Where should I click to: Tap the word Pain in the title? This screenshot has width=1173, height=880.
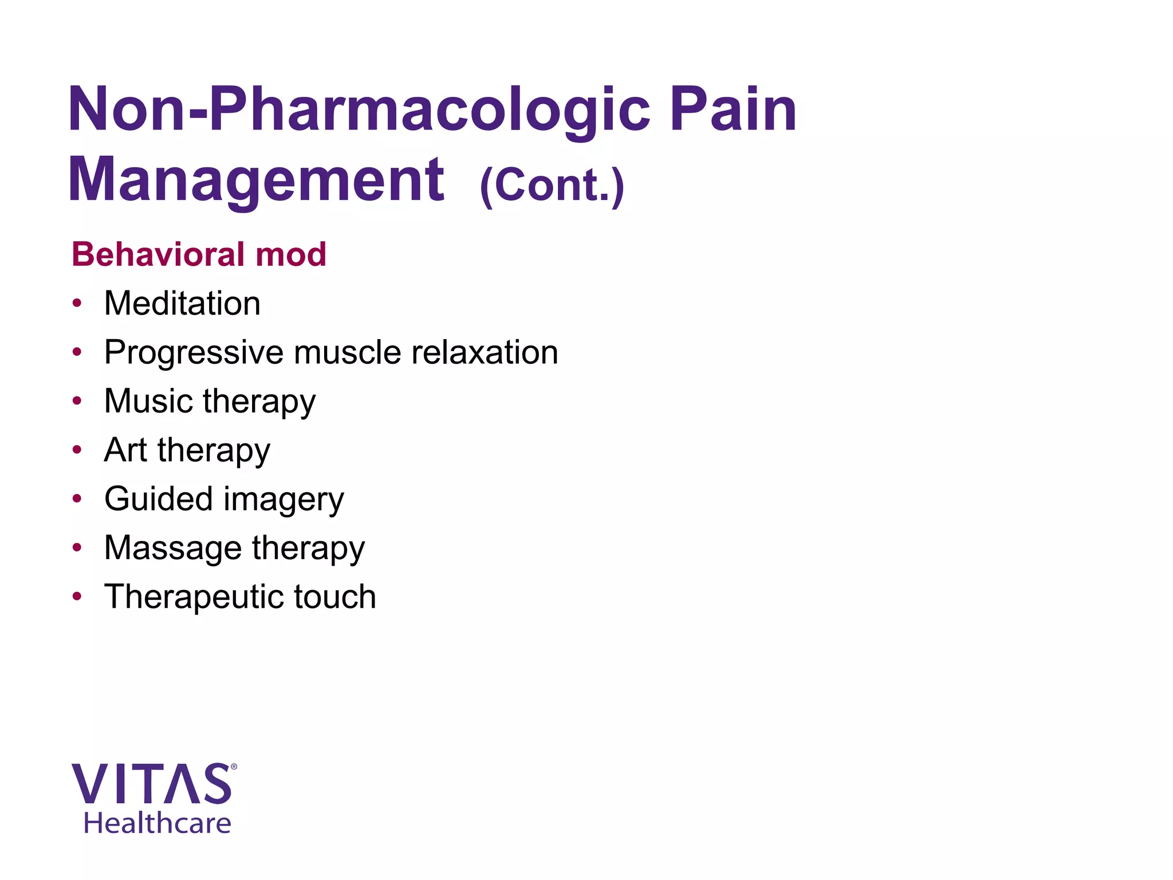733,109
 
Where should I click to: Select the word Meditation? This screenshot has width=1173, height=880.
182,303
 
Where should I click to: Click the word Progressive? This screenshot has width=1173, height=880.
194,353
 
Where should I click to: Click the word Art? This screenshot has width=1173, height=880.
126,450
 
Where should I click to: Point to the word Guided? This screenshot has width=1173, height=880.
158,498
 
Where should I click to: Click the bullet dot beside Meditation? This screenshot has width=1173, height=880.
77,303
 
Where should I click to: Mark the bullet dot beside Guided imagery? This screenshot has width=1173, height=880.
77,498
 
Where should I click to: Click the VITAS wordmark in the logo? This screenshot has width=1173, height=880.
152,784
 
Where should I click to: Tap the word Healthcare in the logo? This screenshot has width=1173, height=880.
158,823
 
